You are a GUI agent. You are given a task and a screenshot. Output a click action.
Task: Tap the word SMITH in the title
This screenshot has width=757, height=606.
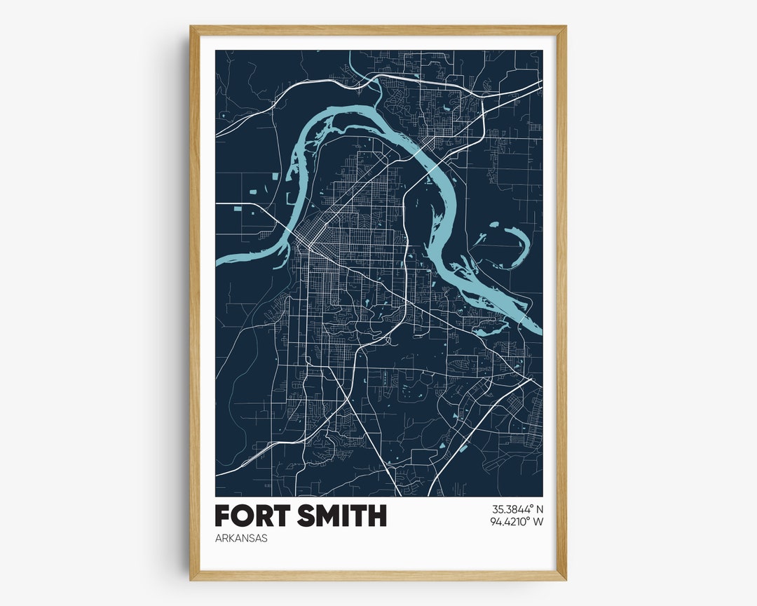342,516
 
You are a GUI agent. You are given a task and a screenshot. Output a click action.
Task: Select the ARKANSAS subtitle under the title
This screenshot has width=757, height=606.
241,539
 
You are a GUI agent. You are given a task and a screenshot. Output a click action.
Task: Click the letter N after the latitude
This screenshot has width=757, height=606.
539,509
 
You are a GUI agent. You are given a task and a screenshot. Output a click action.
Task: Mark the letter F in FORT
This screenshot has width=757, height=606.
223,516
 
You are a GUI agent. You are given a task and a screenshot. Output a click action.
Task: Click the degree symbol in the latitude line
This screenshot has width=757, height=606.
531,506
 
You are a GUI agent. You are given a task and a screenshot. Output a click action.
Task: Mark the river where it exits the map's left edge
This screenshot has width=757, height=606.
218,262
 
